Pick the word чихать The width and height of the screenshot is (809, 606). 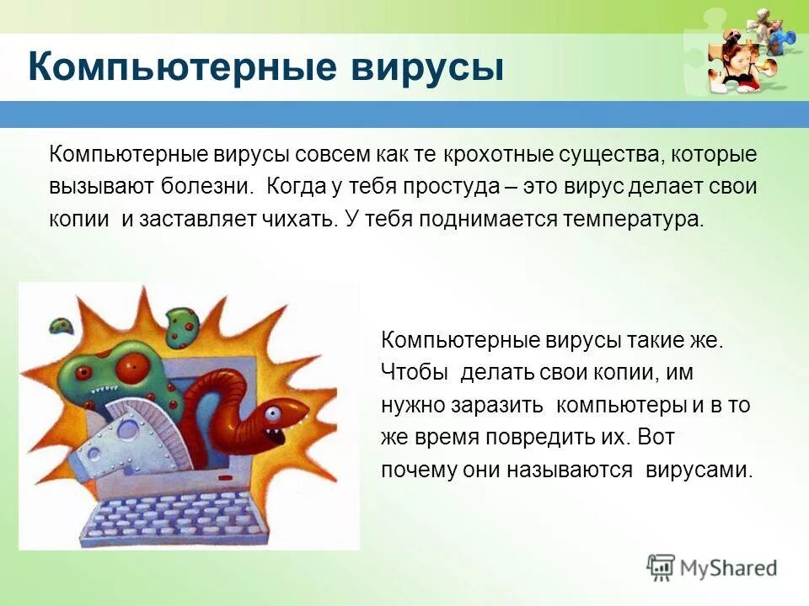(x=298, y=219)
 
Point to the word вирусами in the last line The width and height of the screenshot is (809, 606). (x=699, y=470)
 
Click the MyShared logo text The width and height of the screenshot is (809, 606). (x=729, y=567)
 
